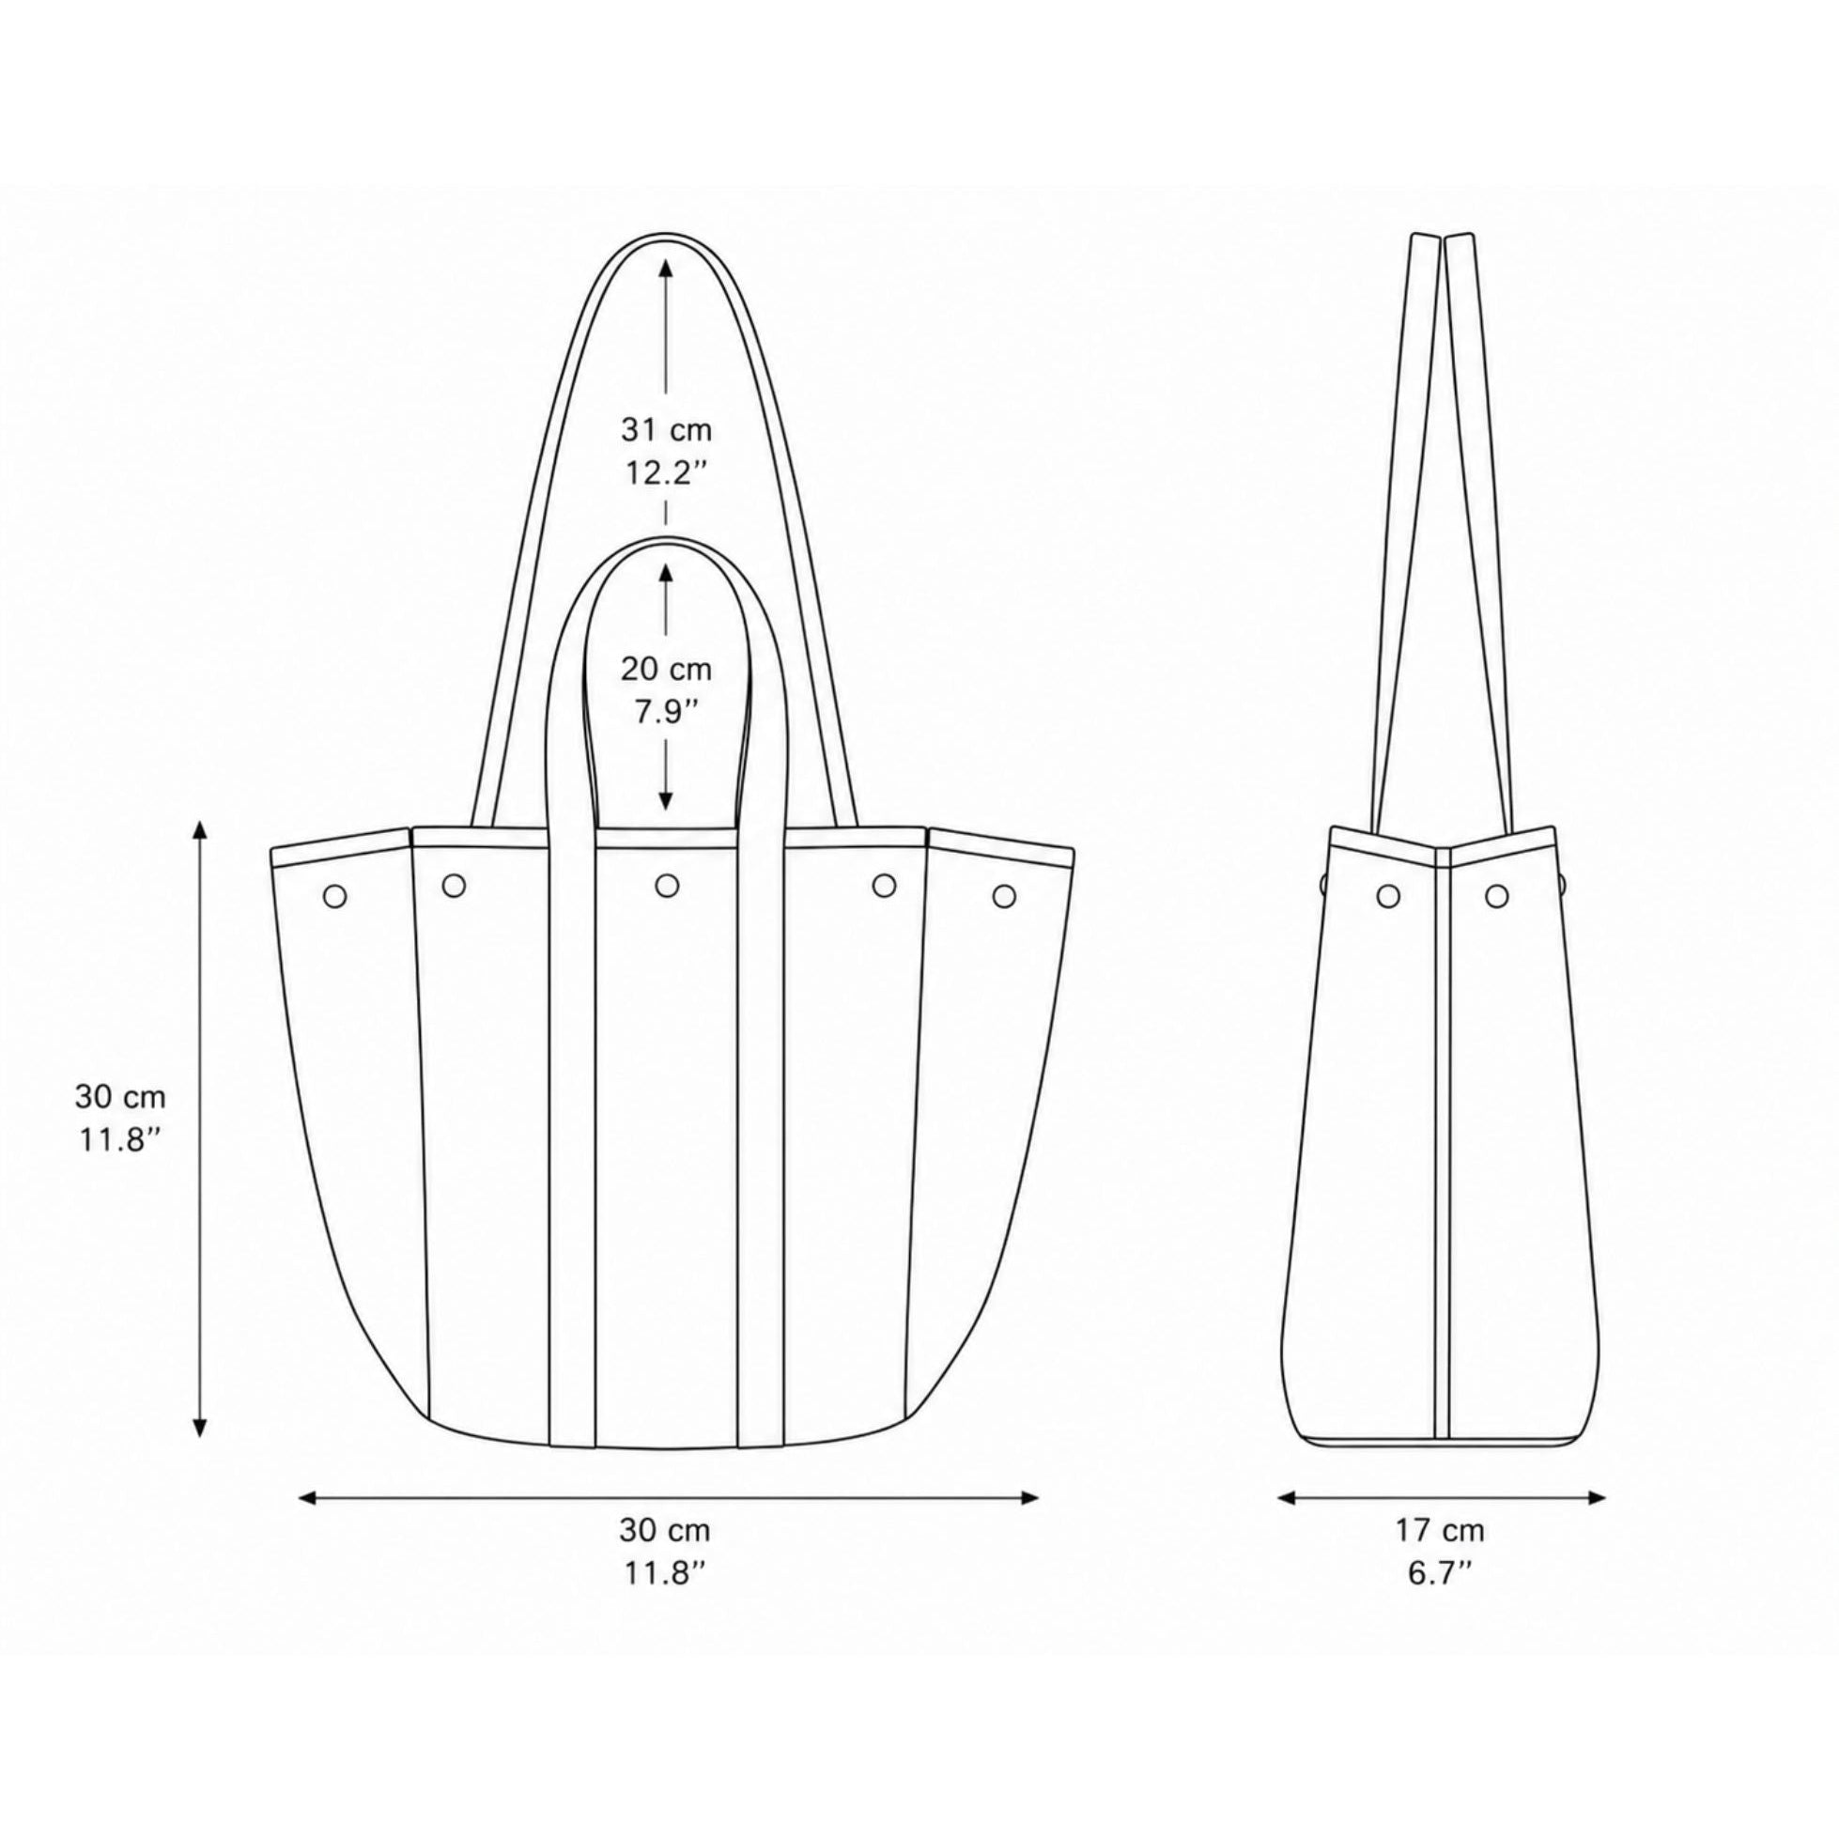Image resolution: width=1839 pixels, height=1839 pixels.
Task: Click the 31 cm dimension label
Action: click(666, 430)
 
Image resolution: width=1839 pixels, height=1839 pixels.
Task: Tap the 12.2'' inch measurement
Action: click(665, 474)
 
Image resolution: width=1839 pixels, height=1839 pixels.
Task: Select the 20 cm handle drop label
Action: click(666, 669)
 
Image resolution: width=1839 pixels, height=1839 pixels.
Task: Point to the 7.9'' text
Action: click(665, 712)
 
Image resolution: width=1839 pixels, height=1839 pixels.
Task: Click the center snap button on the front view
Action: click(667, 887)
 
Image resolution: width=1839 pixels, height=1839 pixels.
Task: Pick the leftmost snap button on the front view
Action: click(335, 896)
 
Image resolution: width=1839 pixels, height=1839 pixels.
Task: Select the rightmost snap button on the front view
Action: click(1004, 896)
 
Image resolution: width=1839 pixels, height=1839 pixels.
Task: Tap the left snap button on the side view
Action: click(1389, 895)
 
